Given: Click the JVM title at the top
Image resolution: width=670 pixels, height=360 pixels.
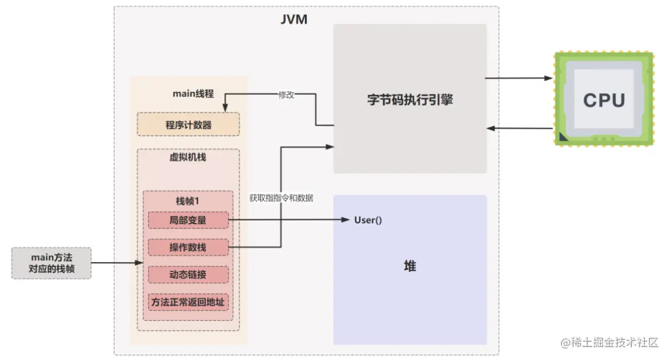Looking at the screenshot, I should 293,19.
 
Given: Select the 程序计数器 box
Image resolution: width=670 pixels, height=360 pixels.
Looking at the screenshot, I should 188,124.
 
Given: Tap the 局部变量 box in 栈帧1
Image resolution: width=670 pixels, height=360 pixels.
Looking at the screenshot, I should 188,220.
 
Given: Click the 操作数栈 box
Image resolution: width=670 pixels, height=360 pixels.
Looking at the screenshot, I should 188,247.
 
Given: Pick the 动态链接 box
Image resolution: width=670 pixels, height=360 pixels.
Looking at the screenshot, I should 188,274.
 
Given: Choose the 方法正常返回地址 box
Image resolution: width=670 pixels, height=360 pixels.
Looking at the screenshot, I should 188,301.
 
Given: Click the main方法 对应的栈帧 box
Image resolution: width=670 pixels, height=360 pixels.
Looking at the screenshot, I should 51,263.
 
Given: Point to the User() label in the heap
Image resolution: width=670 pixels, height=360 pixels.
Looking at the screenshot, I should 368,220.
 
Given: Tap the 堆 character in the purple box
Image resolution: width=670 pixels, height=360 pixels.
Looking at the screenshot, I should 410,266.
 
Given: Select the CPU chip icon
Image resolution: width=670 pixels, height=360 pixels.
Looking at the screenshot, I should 604,99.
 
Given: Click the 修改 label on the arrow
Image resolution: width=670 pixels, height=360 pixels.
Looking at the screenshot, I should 287,95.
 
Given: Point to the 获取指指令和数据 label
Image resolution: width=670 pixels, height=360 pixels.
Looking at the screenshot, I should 281,198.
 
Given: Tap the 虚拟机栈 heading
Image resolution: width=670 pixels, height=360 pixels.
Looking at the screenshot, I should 187,157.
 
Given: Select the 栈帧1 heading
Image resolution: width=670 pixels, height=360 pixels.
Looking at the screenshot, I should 187,200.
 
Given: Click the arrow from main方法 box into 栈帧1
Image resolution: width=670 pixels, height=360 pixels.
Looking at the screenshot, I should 116,264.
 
